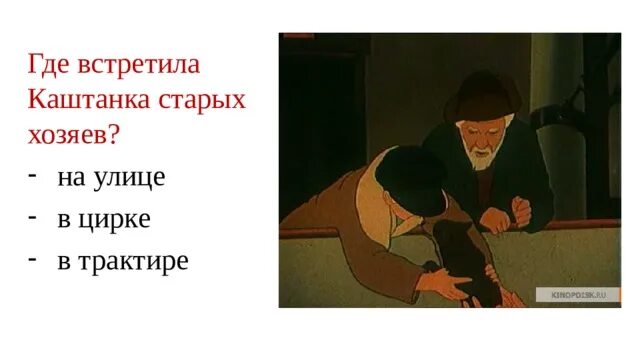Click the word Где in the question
coord(51,64)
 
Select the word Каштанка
coord(96,100)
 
